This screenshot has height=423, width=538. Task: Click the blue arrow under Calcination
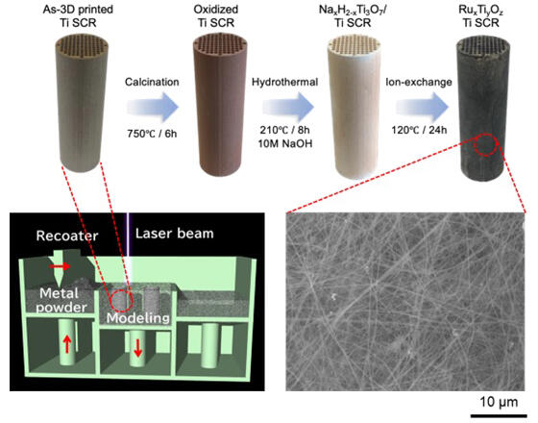[x=153, y=107]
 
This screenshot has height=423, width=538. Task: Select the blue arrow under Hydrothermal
[x=288, y=107]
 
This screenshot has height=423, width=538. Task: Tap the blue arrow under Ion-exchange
[x=423, y=107]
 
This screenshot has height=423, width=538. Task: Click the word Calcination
[x=152, y=82]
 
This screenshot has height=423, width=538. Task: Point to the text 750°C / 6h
[x=152, y=134]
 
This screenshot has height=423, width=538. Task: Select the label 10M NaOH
[x=285, y=143]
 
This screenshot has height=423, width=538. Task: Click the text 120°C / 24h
[x=419, y=130]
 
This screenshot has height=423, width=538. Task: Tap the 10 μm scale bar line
[x=499, y=415]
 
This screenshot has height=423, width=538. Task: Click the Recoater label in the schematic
[x=67, y=236]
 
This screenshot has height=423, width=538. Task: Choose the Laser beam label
[x=174, y=234]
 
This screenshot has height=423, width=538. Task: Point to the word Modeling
[x=138, y=318]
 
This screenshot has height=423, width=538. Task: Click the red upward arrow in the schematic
[x=67, y=345]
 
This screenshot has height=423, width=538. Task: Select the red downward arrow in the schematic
[x=138, y=347]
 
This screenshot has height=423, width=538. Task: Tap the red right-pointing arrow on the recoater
[x=60, y=266]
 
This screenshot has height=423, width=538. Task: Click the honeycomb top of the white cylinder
[x=355, y=47]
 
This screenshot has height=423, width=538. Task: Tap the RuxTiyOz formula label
[x=481, y=10]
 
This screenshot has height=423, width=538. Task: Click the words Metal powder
[x=61, y=300]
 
